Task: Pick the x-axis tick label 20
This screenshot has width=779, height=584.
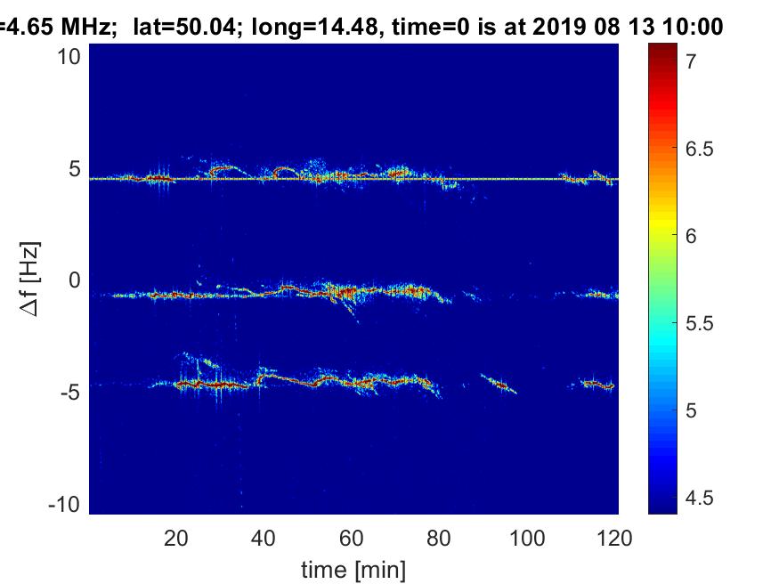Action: click(176, 538)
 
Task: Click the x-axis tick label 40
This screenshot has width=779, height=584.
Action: click(264, 538)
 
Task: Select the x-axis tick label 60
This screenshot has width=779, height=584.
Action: click(352, 538)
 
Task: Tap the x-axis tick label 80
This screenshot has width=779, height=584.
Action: click(440, 538)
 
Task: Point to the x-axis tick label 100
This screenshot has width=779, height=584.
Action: click(527, 538)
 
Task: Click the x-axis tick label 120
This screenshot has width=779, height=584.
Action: click(615, 538)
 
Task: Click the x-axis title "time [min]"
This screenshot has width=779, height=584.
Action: click(353, 568)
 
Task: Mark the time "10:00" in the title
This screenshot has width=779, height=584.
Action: click(686, 28)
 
